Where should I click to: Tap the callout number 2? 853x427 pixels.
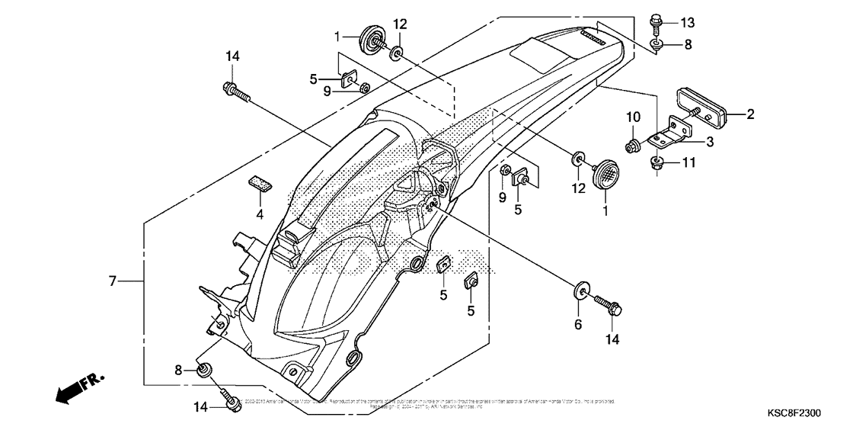coord(750,115)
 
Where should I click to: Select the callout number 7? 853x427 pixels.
coord(112,281)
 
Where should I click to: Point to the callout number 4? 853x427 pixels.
coord(260,215)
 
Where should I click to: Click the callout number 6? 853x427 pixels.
coord(577,324)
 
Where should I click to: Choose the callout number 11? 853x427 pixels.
coord(688,162)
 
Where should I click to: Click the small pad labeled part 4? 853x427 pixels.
coord(260,184)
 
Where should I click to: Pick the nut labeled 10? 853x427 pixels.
coord(631,144)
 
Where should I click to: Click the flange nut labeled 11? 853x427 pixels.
coord(656,162)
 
